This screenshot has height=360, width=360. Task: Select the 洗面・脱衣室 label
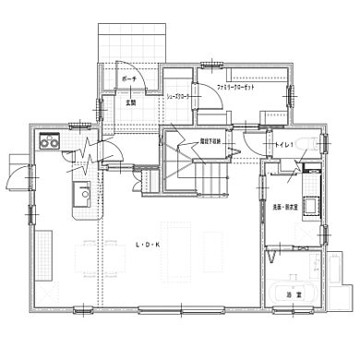(x=283, y=207)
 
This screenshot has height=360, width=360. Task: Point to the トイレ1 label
(x=284, y=146)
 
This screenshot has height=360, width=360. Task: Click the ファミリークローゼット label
(x=235, y=86)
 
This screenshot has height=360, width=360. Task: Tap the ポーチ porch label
(x=129, y=81)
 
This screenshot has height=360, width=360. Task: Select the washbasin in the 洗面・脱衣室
(x=312, y=203)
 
